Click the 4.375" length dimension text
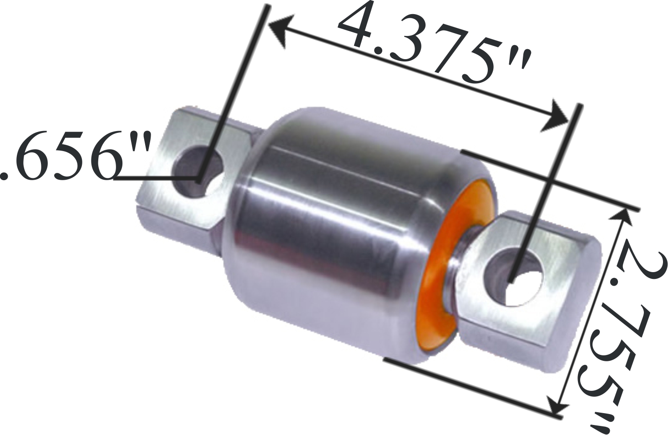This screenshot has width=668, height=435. click(432, 46)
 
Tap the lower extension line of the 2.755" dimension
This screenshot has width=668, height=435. click(469, 387)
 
